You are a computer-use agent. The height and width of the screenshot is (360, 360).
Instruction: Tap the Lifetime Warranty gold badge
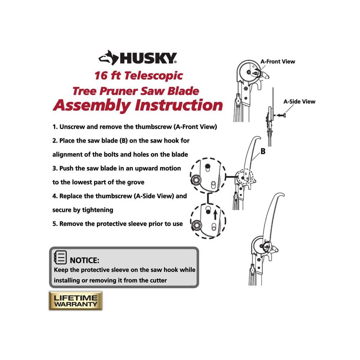[76, 301]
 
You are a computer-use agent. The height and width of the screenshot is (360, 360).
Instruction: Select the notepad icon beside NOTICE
[60, 258]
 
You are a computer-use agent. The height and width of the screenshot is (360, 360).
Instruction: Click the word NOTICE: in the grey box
[85, 260]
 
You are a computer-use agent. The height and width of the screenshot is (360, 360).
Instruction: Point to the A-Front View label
[278, 62]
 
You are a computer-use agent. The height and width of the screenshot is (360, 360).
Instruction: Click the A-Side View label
[299, 102]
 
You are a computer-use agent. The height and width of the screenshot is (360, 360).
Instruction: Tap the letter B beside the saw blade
[263, 152]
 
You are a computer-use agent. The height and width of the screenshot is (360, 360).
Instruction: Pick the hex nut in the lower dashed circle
[197, 225]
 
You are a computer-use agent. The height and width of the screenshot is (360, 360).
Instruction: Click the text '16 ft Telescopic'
[139, 76]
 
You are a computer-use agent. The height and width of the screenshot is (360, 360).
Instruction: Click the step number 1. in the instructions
[55, 127]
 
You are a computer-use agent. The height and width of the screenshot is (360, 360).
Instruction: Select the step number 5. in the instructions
[55, 224]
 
